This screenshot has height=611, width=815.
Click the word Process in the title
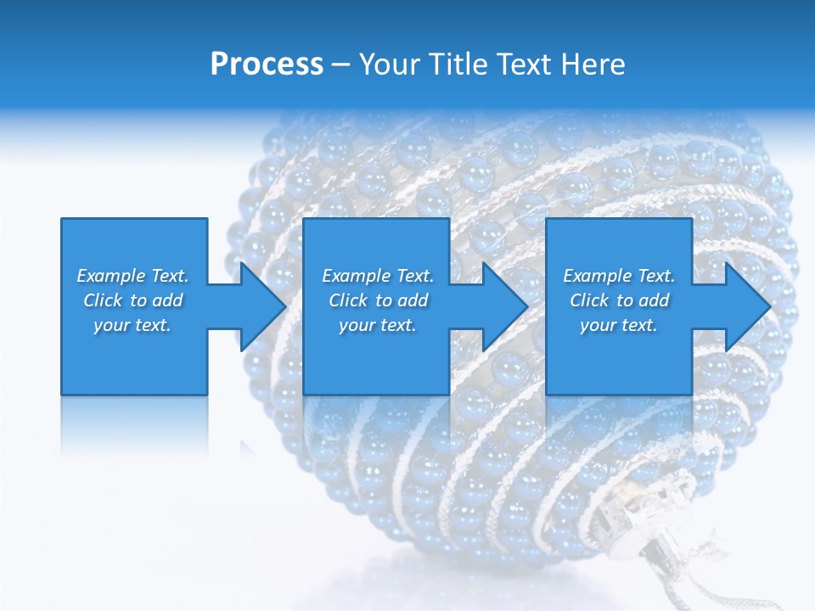267,64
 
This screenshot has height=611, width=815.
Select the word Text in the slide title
522,64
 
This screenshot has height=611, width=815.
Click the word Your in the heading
389,64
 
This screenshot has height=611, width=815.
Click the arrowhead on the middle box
503,306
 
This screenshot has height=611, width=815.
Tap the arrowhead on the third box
746,306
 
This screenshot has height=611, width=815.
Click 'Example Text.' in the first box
132,276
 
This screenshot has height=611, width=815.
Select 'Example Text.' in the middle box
378,276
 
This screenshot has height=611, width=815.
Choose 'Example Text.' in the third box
619,276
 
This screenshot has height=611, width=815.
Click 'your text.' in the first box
132,325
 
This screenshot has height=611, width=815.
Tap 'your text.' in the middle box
378,325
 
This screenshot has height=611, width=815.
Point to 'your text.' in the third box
619,325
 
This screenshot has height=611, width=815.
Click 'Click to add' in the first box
132,300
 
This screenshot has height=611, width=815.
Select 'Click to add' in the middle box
378,300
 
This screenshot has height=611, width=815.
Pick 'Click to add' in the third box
619,300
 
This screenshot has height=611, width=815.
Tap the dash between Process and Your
340,65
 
